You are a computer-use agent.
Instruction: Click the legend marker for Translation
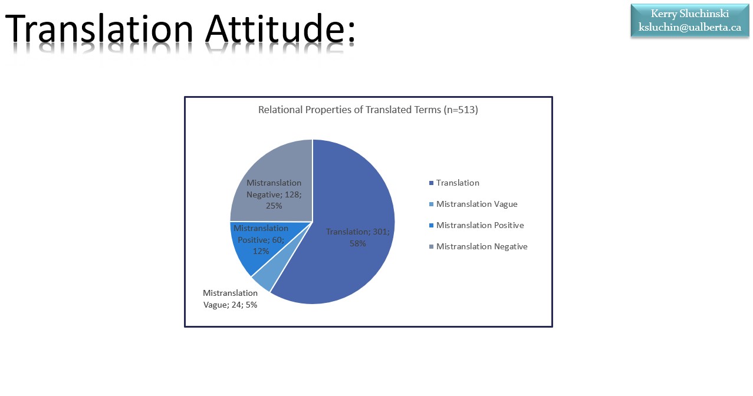click(432, 183)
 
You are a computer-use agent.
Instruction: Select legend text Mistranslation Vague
click(476, 204)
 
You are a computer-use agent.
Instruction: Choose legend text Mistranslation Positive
click(480, 225)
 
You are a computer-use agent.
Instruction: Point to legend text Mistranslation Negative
click(482, 246)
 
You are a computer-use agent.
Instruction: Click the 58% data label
click(357, 243)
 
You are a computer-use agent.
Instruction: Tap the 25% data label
click(274, 206)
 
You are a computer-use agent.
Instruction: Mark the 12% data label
click(261, 251)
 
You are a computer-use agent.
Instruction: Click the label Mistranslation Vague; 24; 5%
click(230, 299)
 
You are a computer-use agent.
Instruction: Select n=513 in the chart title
click(460, 110)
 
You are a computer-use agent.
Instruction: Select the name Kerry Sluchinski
click(689, 14)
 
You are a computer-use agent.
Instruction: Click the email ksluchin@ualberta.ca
click(689, 27)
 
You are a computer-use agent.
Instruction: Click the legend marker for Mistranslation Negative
click(432, 247)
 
